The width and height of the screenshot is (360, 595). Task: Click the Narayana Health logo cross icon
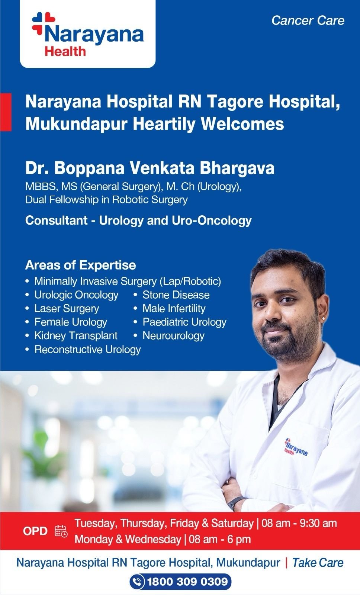[x=44, y=23]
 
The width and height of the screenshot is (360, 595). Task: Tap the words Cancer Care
[x=308, y=21]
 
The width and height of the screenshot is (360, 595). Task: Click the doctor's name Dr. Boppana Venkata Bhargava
[x=150, y=168]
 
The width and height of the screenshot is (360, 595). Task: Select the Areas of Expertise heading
[x=80, y=265]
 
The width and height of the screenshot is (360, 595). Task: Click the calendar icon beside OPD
[x=61, y=531]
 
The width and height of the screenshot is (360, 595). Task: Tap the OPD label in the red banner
[x=35, y=531]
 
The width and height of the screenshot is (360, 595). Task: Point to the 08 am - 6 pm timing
[x=219, y=540]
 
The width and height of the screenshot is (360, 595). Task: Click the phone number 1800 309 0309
[x=187, y=582]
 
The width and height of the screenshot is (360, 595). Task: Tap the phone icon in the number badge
[x=137, y=582]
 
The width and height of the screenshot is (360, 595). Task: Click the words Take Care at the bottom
[x=318, y=563]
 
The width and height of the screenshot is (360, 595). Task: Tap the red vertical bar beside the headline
[x=6, y=112]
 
